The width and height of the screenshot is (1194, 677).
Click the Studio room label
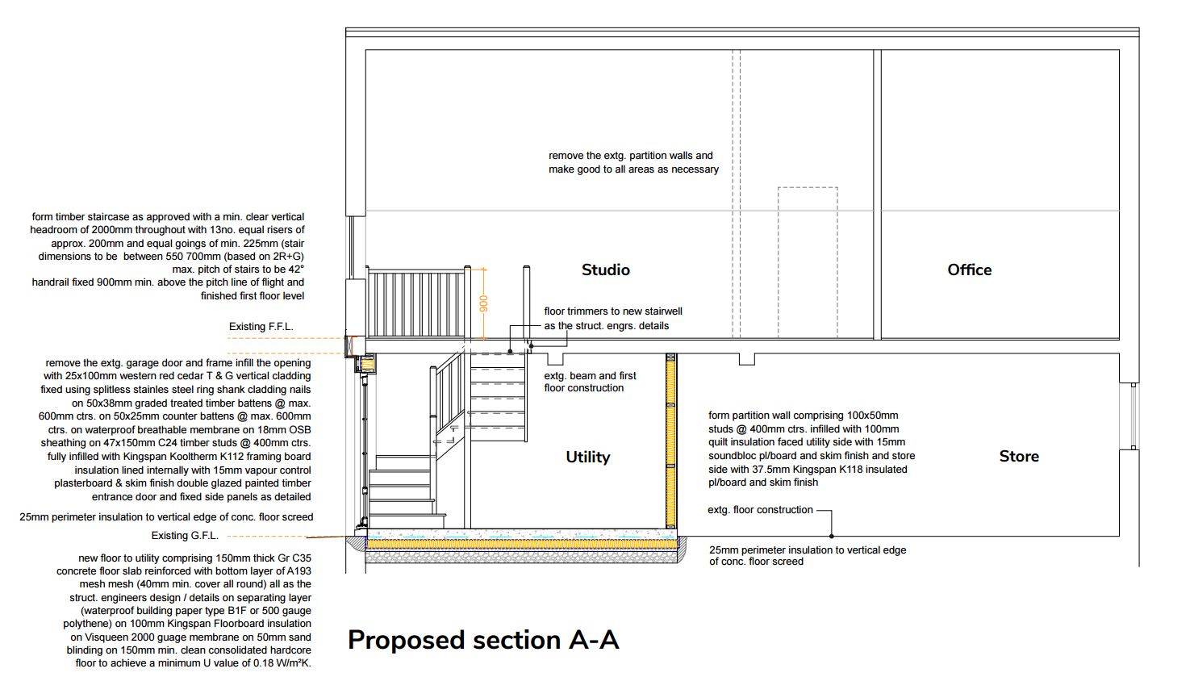pos(606,270)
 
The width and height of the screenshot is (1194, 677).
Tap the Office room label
pos(970,270)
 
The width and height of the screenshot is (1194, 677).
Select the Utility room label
pos(588,457)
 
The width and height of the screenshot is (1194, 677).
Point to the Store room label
pos(1019,456)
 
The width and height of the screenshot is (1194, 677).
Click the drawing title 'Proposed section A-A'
pos(483,640)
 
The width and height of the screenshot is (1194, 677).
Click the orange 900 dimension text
pos(483,304)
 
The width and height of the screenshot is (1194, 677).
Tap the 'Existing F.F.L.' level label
pos(261,327)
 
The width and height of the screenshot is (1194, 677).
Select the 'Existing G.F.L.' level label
pos(185,536)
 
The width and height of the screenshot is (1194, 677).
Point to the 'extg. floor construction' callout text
pos(760,510)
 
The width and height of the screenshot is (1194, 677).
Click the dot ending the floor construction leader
pos(832,536)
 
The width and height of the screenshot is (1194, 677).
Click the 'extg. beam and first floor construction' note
pos(590,382)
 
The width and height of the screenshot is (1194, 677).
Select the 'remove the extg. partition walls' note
pos(634,162)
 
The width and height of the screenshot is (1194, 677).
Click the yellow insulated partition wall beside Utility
pos(671,441)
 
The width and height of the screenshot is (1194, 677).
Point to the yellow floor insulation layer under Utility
pos(522,544)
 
